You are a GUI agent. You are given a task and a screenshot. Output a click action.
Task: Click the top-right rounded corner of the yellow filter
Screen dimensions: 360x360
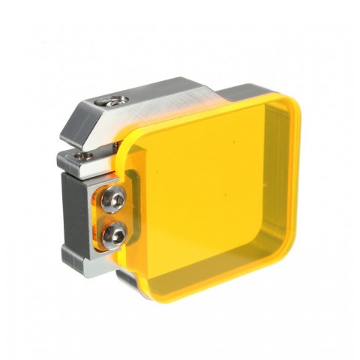(289, 104)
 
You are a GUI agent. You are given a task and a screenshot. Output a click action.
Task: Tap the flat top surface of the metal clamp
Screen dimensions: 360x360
(165, 94)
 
